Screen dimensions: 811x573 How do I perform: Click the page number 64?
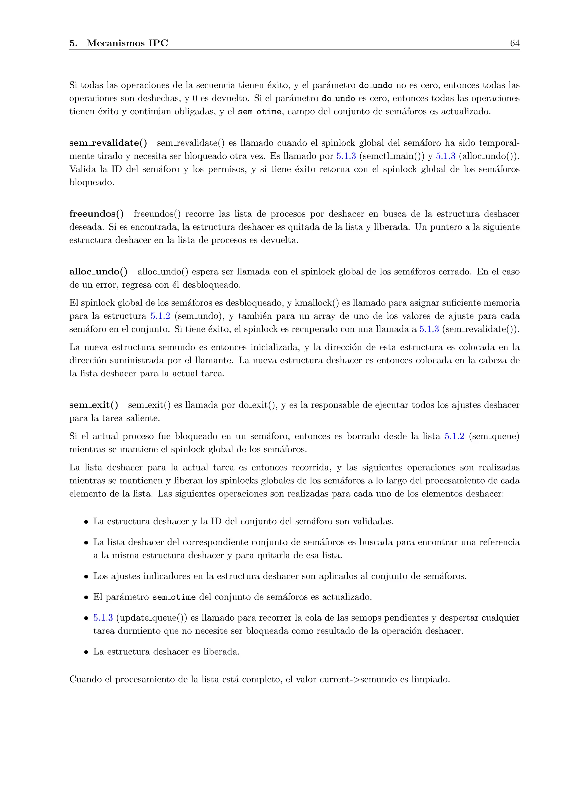point(515,43)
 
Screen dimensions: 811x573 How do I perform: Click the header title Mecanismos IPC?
point(127,43)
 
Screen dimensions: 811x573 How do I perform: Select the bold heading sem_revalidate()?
point(108,143)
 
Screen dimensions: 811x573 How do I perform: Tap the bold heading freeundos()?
point(96,214)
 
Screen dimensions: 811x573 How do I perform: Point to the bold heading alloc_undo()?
point(98,272)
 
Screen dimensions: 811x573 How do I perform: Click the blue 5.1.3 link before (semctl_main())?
point(346,156)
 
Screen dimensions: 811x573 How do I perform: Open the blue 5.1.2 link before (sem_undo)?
point(160,316)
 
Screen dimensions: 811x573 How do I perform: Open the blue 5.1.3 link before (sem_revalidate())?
point(429,329)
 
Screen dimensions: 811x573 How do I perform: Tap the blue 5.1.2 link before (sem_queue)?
point(454,436)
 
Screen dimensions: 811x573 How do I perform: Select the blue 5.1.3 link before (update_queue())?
point(103,618)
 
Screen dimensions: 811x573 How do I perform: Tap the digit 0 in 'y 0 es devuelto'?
point(195,99)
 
